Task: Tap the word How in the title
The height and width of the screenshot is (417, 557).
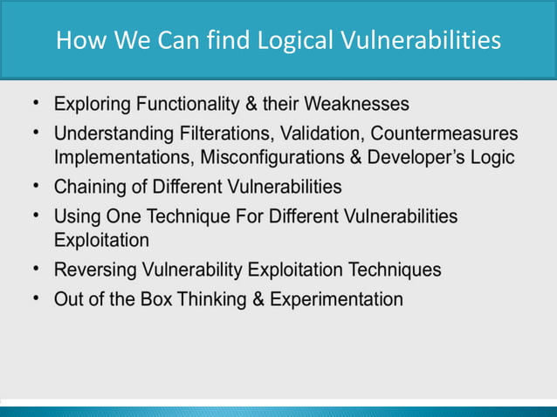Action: pyautogui.click(x=77, y=40)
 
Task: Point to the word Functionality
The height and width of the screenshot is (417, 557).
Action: pyautogui.click(x=189, y=105)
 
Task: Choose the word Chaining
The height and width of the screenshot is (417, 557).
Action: pyautogui.click(x=87, y=187)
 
